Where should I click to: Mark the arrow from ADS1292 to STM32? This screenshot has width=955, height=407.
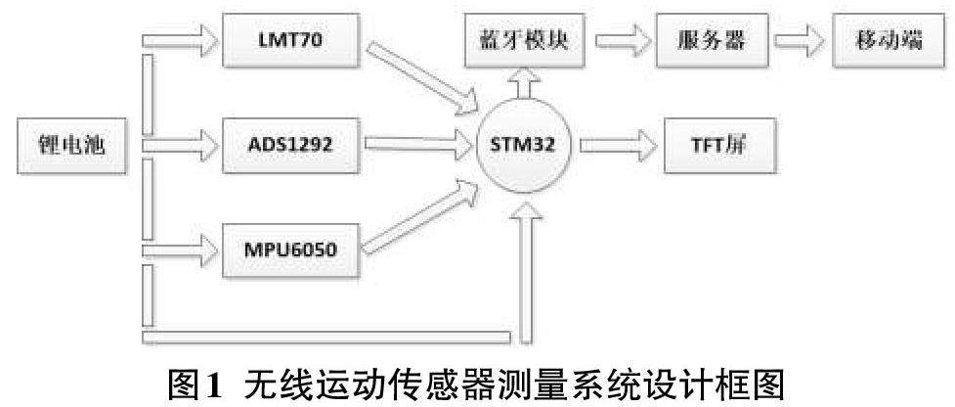point(415,145)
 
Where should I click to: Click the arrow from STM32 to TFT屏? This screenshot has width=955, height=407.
point(616,145)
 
